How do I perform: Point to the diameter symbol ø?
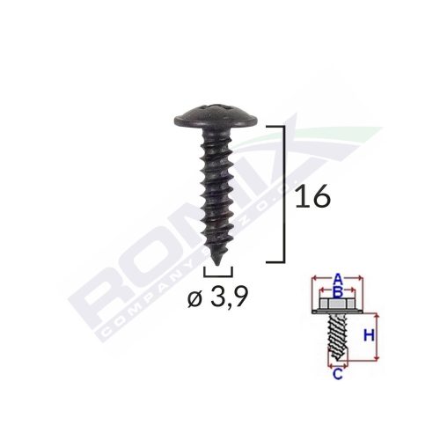194,301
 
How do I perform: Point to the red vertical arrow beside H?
379,336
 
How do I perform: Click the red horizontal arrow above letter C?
338,363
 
